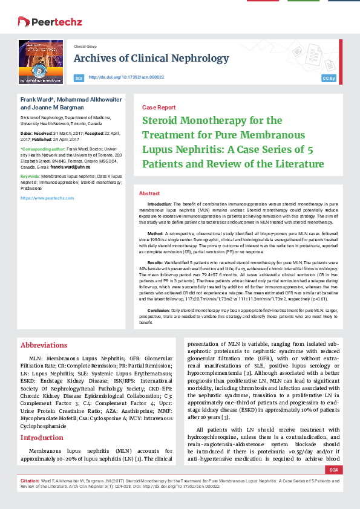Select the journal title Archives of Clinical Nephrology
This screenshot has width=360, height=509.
pyautogui.click(x=142, y=58)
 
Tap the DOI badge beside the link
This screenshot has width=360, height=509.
pyautogui.click(x=79, y=78)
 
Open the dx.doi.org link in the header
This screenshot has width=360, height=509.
pyautogui.click(x=126, y=77)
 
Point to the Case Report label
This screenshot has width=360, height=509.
pyautogui.click(x=159, y=107)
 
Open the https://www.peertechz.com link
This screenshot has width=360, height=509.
pyautogui.click(x=47, y=198)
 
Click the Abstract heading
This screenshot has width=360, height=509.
pyautogui.click(x=149, y=193)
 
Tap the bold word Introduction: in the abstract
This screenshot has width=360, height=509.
pyautogui.click(x=160, y=204)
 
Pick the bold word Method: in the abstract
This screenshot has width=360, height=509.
pyautogui.click(x=155, y=232)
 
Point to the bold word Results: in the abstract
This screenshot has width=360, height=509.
pyautogui.click(x=155, y=263)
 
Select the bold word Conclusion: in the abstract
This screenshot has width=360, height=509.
pyautogui.click(x=159, y=309)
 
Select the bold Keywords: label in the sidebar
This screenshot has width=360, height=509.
pyautogui.click(x=31, y=175)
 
